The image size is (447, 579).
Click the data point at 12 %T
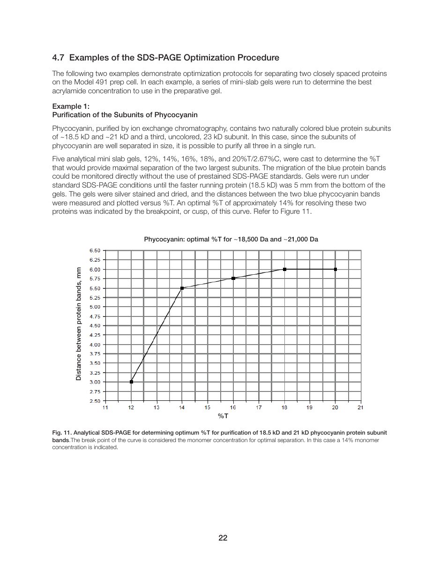(x=131, y=382)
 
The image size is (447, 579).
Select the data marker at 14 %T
(x=182, y=288)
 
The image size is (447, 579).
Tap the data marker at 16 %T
(x=233, y=278)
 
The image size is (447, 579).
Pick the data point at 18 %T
(x=284, y=270)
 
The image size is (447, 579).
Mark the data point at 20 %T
(x=335, y=270)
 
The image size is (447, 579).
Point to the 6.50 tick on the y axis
(x=95, y=250)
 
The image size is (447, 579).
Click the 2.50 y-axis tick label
(x=95, y=401)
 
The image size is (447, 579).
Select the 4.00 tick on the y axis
(x=95, y=345)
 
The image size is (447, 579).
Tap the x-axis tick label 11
(x=105, y=407)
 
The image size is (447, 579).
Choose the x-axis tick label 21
(x=360, y=407)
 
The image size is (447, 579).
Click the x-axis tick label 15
(x=208, y=407)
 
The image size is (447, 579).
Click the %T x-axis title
(x=223, y=416)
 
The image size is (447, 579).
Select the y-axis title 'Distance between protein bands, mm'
(x=79, y=324)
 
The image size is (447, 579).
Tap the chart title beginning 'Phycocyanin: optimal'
(x=231, y=239)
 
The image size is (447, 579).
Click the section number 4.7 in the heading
(x=58, y=58)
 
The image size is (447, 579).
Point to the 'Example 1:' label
(x=71, y=106)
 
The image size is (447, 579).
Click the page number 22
(x=223, y=538)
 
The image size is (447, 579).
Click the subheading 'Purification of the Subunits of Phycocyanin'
(x=125, y=115)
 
